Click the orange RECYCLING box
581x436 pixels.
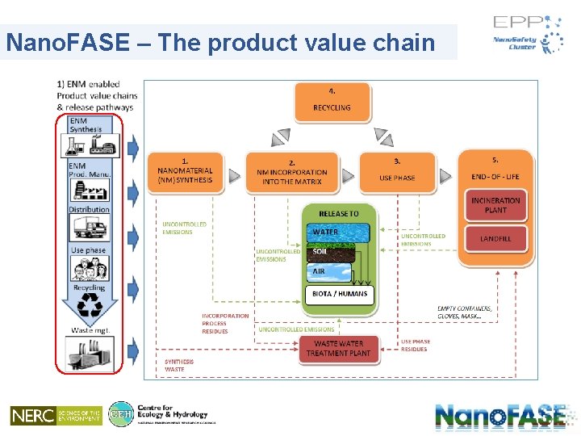point(332,101)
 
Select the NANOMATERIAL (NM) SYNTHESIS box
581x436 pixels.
point(185,172)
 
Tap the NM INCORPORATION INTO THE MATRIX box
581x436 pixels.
point(292,172)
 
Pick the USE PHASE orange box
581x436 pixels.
point(397,172)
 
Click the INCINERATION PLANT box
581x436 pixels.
point(495,205)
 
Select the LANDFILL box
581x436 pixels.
point(495,239)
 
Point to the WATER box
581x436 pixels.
point(338,233)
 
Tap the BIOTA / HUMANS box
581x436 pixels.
point(339,295)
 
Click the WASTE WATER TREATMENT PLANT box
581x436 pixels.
point(338,348)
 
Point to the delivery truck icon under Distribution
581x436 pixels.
point(89,228)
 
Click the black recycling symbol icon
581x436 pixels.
point(89,307)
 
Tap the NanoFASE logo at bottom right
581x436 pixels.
point(500,416)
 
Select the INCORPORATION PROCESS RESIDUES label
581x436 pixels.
point(225,323)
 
